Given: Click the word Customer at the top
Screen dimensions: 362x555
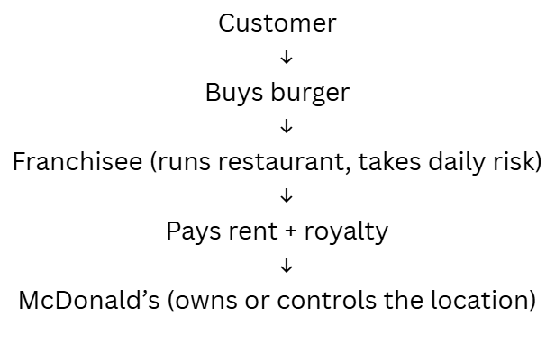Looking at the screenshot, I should tap(277, 23).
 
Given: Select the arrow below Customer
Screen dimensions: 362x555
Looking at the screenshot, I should tap(287, 58).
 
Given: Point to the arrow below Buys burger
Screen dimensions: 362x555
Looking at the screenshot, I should tap(287, 127).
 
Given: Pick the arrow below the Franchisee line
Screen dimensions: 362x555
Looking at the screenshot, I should tap(287, 196).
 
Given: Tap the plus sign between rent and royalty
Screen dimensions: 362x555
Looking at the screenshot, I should tap(291, 232).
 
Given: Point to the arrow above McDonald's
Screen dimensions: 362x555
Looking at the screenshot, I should tap(287, 266).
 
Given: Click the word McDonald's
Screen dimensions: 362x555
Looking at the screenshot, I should tap(88, 301).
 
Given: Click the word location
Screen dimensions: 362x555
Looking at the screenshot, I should tap(481, 301).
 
